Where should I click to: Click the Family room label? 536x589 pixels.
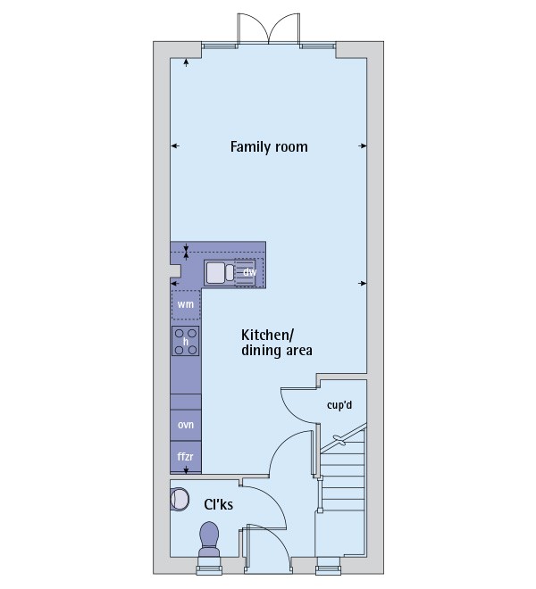[x=269, y=146]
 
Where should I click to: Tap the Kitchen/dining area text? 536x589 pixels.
[x=276, y=343]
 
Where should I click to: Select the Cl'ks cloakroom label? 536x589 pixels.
[x=219, y=505]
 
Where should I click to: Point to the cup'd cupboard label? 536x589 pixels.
[x=340, y=404]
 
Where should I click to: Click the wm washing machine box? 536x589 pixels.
[x=186, y=304]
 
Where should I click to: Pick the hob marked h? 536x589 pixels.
[x=186, y=341]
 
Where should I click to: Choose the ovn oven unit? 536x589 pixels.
[x=186, y=425]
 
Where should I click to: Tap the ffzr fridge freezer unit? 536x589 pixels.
[x=186, y=457]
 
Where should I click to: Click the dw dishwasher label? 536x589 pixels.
[x=250, y=271]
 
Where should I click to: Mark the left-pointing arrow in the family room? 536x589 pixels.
[x=175, y=146]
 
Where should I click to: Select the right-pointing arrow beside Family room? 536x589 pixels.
[x=362, y=146]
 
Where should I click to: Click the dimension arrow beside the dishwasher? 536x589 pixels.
[x=362, y=283]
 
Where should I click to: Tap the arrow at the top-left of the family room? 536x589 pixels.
[x=186, y=62]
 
